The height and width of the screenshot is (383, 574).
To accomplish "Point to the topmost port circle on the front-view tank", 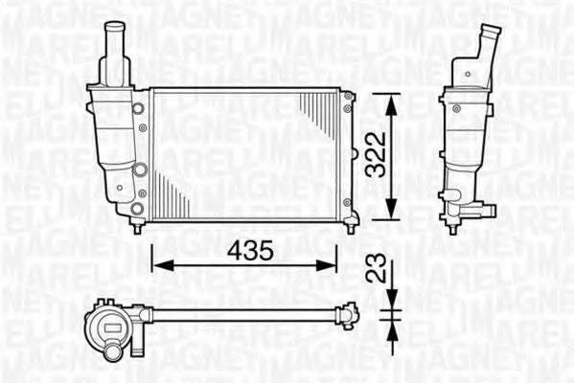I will tap(142, 104).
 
